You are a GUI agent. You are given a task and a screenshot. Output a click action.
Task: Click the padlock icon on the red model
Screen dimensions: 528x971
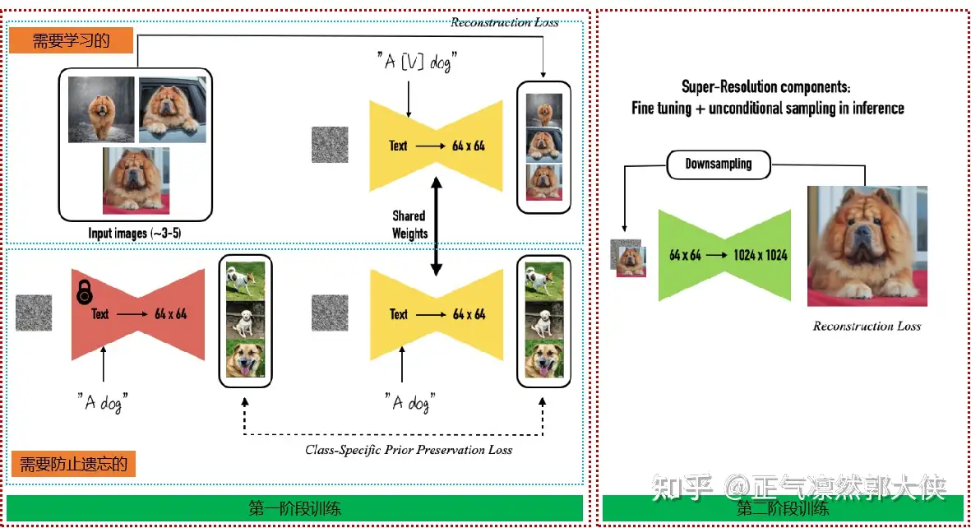tap(84, 292)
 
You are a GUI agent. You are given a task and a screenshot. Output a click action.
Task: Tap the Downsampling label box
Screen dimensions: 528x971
tap(719, 164)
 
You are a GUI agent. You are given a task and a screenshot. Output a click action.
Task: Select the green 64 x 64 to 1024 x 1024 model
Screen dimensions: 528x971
tap(724, 255)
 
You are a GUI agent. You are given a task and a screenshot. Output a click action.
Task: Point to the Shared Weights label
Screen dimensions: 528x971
tap(409, 225)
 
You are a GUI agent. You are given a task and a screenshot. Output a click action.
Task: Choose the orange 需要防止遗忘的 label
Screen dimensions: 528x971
tap(74, 464)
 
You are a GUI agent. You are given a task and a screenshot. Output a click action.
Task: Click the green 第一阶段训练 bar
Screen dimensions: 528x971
tap(294, 507)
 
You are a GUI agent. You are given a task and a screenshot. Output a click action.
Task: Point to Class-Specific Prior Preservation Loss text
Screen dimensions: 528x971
tap(409, 450)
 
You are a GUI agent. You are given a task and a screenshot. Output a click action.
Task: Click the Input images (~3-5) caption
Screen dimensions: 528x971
tap(135, 234)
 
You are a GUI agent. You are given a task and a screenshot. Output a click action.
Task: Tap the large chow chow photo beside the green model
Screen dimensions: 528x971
tap(867, 246)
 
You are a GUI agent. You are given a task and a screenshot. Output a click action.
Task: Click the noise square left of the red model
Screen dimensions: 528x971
tap(34, 313)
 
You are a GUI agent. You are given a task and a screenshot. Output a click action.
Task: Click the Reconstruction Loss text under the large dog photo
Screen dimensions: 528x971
tap(867, 327)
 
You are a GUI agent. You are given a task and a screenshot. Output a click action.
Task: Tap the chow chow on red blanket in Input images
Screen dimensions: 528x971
tap(136, 180)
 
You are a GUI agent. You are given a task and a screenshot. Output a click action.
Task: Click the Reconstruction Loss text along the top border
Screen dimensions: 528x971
tap(504, 22)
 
